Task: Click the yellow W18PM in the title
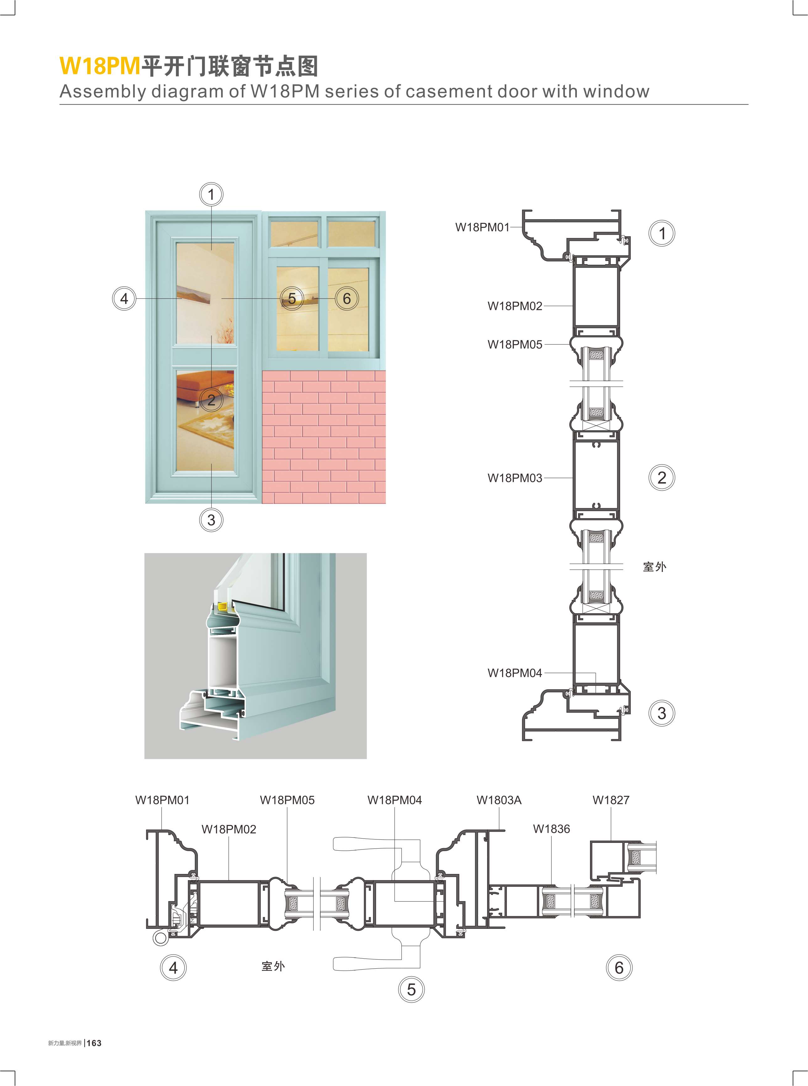(100, 66)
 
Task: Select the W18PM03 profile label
(514, 478)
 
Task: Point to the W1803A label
(499, 800)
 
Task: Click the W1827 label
(611, 800)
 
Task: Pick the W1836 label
(551, 829)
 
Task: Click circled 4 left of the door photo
(124, 298)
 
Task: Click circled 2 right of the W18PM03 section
(662, 477)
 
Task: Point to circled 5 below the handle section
(411, 990)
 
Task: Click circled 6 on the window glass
(347, 298)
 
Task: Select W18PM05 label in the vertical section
(514, 344)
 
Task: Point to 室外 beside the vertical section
(654, 567)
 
